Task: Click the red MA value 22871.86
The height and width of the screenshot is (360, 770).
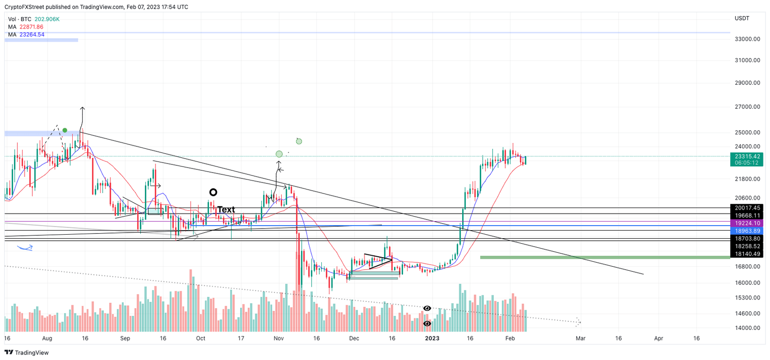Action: pyautogui.click(x=32, y=27)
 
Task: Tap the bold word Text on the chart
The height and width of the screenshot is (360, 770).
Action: pyautogui.click(x=226, y=210)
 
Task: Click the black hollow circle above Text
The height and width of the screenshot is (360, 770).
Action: pyautogui.click(x=213, y=192)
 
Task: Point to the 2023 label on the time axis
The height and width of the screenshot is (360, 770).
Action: pyautogui.click(x=432, y=338)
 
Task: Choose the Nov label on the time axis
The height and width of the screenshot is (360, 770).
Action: pyautogui.click(x=279, y=338)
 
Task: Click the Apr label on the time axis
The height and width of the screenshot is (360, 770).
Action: pyautogui.click(x=659, y=338)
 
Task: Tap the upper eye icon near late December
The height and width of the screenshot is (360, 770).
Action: pyautogui.click(x=427, y=308)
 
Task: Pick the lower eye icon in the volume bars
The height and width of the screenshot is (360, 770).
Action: pyautogui.click(x=427, y=324)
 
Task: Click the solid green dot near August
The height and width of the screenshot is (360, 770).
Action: pyautogui.click(x=65, y=130)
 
